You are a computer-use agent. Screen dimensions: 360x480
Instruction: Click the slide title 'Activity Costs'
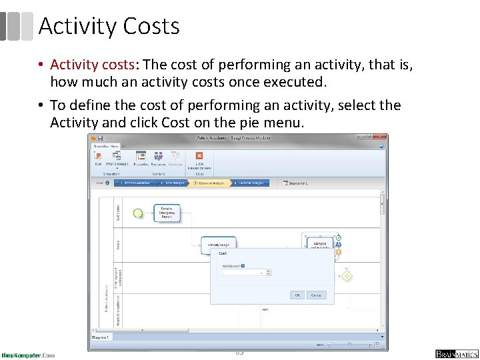109,26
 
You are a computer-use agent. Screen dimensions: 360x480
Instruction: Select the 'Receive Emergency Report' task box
167,213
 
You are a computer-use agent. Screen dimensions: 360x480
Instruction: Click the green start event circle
138,213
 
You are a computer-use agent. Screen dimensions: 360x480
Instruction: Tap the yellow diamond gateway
346,275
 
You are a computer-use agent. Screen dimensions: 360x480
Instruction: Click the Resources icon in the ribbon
159,157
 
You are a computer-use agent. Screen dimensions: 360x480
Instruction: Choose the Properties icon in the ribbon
141,157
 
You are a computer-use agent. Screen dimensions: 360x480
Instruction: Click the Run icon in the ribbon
98,157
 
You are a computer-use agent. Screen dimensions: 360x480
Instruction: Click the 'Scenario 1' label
296,183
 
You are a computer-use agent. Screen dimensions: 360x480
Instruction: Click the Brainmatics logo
457,354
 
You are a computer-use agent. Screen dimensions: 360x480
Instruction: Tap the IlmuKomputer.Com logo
28,355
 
